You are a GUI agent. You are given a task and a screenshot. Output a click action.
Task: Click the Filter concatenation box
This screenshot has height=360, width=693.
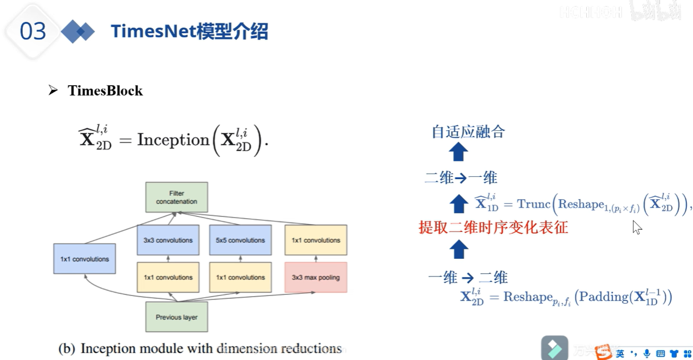click(x=176, y=197)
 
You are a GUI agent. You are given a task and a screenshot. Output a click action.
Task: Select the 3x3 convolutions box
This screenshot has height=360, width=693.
click(x=167, y=240)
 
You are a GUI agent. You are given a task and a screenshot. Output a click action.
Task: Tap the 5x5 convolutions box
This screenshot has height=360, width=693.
click(x=240, y=240)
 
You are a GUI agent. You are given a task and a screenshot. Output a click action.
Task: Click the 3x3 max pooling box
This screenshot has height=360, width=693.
click(x=315, y=277)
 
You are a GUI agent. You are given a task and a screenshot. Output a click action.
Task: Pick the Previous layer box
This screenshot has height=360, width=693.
click(x=176, y=317)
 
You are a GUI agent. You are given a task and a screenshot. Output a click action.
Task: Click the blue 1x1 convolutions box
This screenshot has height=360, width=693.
click(x=85, y=259)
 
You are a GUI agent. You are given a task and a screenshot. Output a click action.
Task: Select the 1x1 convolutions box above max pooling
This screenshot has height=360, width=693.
click(x=315, y=240)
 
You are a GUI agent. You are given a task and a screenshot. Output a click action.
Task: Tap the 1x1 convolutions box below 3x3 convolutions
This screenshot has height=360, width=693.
click(x=167, y=277)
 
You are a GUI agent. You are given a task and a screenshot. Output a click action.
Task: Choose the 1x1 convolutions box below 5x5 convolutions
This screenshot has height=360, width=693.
click(x=240, y=277)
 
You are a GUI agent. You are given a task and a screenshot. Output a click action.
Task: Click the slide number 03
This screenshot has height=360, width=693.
click(x=32, y=32)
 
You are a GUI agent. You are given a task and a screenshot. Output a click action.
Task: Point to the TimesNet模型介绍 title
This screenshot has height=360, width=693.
click(x=189, y=32)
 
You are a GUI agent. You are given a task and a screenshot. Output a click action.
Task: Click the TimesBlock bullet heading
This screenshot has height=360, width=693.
click(x=105, y=91)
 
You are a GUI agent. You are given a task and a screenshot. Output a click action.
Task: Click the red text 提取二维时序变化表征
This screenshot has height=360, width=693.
click(x=493, y=227)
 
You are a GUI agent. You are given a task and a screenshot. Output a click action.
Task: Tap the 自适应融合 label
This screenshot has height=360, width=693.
click(x=468, y=132)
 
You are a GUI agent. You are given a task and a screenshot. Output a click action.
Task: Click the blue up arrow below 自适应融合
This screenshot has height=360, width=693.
click(x=458, y=152)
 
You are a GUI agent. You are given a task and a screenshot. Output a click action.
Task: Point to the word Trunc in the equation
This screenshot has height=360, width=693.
click(x=533, y=204)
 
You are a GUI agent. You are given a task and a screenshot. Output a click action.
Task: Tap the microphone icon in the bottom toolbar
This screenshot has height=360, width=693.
click(x=647, y=353)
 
